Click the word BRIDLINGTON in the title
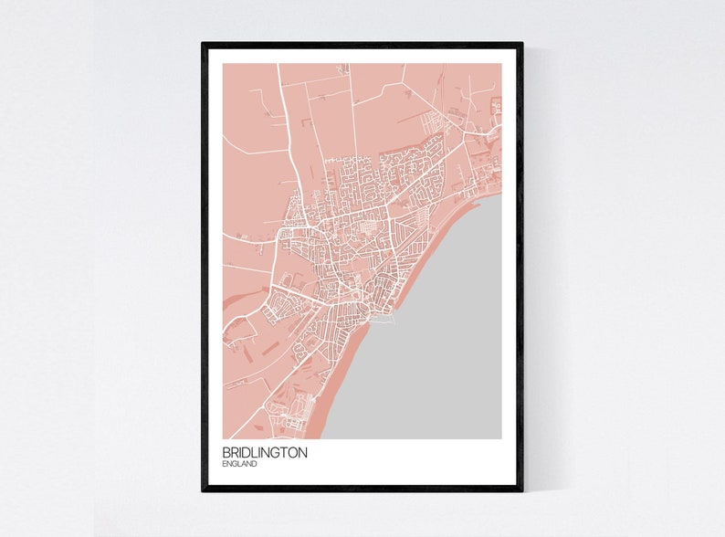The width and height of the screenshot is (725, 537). coord(264,452)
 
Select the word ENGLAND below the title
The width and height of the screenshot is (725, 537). coord(239,464)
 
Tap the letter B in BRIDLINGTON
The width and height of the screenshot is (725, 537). coord(226,452)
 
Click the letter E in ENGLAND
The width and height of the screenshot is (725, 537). coord(225,464)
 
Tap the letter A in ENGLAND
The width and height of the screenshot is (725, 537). coord(244,464)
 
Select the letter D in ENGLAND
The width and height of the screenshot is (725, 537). coord(254,464)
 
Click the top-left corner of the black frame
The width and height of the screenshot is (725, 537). coord(204,44)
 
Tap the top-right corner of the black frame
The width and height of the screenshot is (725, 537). coord(521,44)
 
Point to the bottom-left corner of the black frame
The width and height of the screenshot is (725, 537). coord(204,490)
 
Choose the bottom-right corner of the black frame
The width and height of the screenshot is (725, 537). coord(521,490)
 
